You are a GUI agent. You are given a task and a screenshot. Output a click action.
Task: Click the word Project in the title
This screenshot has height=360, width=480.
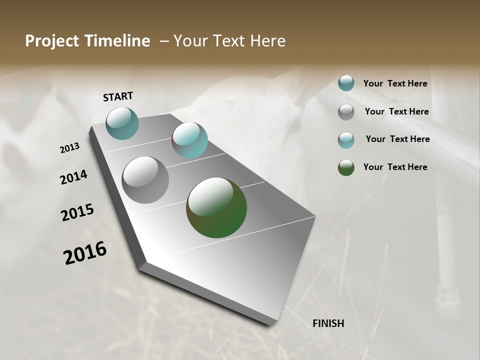50,41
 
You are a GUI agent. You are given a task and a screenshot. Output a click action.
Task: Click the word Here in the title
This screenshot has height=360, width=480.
268,41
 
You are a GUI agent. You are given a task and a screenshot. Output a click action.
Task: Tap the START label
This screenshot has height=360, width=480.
118,96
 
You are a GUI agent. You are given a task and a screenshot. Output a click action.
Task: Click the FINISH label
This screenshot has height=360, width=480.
328,323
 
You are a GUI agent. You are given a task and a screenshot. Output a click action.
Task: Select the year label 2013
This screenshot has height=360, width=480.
70,148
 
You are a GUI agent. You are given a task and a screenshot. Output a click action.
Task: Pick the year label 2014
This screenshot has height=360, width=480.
74,177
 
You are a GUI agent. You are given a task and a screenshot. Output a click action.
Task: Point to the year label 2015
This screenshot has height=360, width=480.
77,212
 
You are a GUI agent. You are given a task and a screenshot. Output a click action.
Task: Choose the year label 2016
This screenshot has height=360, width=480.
85,252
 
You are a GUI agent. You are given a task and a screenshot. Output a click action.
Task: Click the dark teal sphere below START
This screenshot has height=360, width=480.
122,123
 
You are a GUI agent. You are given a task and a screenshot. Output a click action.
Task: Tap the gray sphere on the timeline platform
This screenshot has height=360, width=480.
145,180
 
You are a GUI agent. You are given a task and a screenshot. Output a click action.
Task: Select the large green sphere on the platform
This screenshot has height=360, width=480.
216,207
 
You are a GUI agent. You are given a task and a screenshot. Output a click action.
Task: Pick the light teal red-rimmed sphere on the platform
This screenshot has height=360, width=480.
189,140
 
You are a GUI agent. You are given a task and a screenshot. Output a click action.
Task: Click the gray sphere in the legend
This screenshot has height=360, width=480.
346,112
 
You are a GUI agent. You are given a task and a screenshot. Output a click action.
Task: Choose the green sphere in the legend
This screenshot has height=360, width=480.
346,167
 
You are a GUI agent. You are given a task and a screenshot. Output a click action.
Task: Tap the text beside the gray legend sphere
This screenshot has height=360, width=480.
396,111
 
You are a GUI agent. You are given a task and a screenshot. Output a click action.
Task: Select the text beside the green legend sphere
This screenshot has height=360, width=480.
395,167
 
